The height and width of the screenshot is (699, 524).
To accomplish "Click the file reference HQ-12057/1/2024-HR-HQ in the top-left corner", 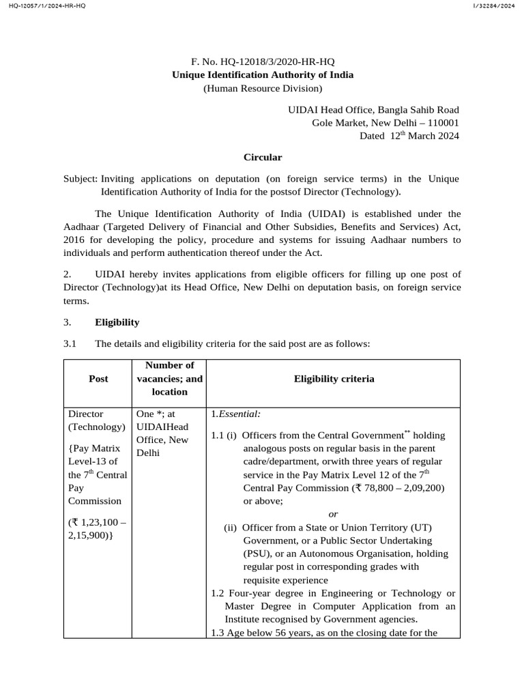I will [x=42, y=6].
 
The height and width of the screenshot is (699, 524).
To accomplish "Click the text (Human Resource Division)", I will [x=263, y=88].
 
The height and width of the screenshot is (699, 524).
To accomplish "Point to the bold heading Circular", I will [x=263, y=157].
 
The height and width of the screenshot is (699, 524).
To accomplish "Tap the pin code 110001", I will [x=441, y=123].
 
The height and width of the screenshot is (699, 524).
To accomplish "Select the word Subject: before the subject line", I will [x=81, y=179].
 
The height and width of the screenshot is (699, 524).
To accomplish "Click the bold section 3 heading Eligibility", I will [x=117, y=322].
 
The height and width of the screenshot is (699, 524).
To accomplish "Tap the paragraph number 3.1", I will [x=71, y=344].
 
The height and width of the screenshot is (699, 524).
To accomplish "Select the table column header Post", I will [x=98, y=379].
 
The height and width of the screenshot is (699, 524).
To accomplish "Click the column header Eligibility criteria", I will [x=334, y=379].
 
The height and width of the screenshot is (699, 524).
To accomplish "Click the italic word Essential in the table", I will [x=239, y=414].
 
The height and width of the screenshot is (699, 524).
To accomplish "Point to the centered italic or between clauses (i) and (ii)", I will [x=333, y=514].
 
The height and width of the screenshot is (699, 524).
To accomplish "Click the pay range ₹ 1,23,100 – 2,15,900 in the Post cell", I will [x=97, y=529].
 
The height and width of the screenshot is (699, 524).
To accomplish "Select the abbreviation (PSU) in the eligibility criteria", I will [x=257, y=554].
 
